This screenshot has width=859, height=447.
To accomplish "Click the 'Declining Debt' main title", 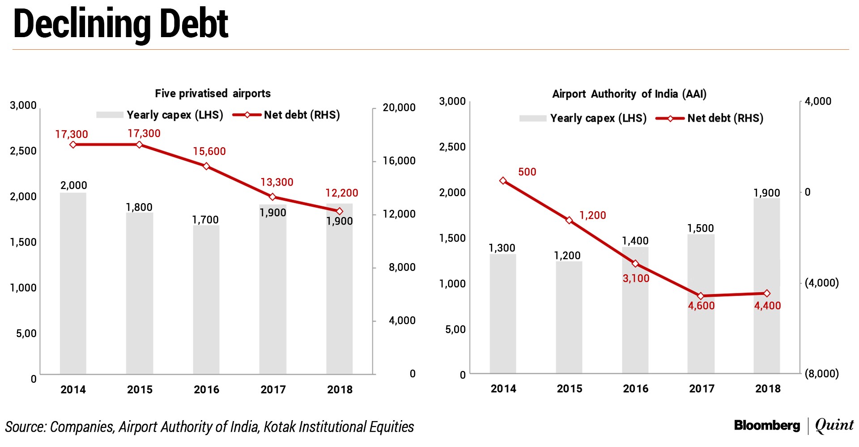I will (x=121, y=25).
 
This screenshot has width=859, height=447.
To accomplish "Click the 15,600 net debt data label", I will (x=209, y=151).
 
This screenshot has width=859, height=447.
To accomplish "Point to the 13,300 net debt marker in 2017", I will (x=272, y=197).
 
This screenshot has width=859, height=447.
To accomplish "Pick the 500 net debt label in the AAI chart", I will (x=527, y=172).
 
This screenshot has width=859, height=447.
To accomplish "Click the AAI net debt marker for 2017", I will (x=701, y=296).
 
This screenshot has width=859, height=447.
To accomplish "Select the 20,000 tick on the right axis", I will (x=399, y=107).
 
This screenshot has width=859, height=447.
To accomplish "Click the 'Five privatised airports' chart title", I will (x=213, y=93).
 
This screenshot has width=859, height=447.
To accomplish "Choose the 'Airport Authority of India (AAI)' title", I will (x=629, y=94).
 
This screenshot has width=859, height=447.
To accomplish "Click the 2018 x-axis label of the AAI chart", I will (x=767, y=388).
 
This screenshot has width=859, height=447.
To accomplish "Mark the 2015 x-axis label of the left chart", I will (x=140, y=389).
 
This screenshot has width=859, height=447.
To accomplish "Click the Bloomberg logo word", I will (x=766, y=425).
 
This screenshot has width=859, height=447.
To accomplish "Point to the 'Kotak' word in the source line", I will (x=279, y=427).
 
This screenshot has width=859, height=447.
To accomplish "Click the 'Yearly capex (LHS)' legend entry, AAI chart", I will (x=598, y=118).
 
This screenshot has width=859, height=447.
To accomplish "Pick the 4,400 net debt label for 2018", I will (x=767, y=306).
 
